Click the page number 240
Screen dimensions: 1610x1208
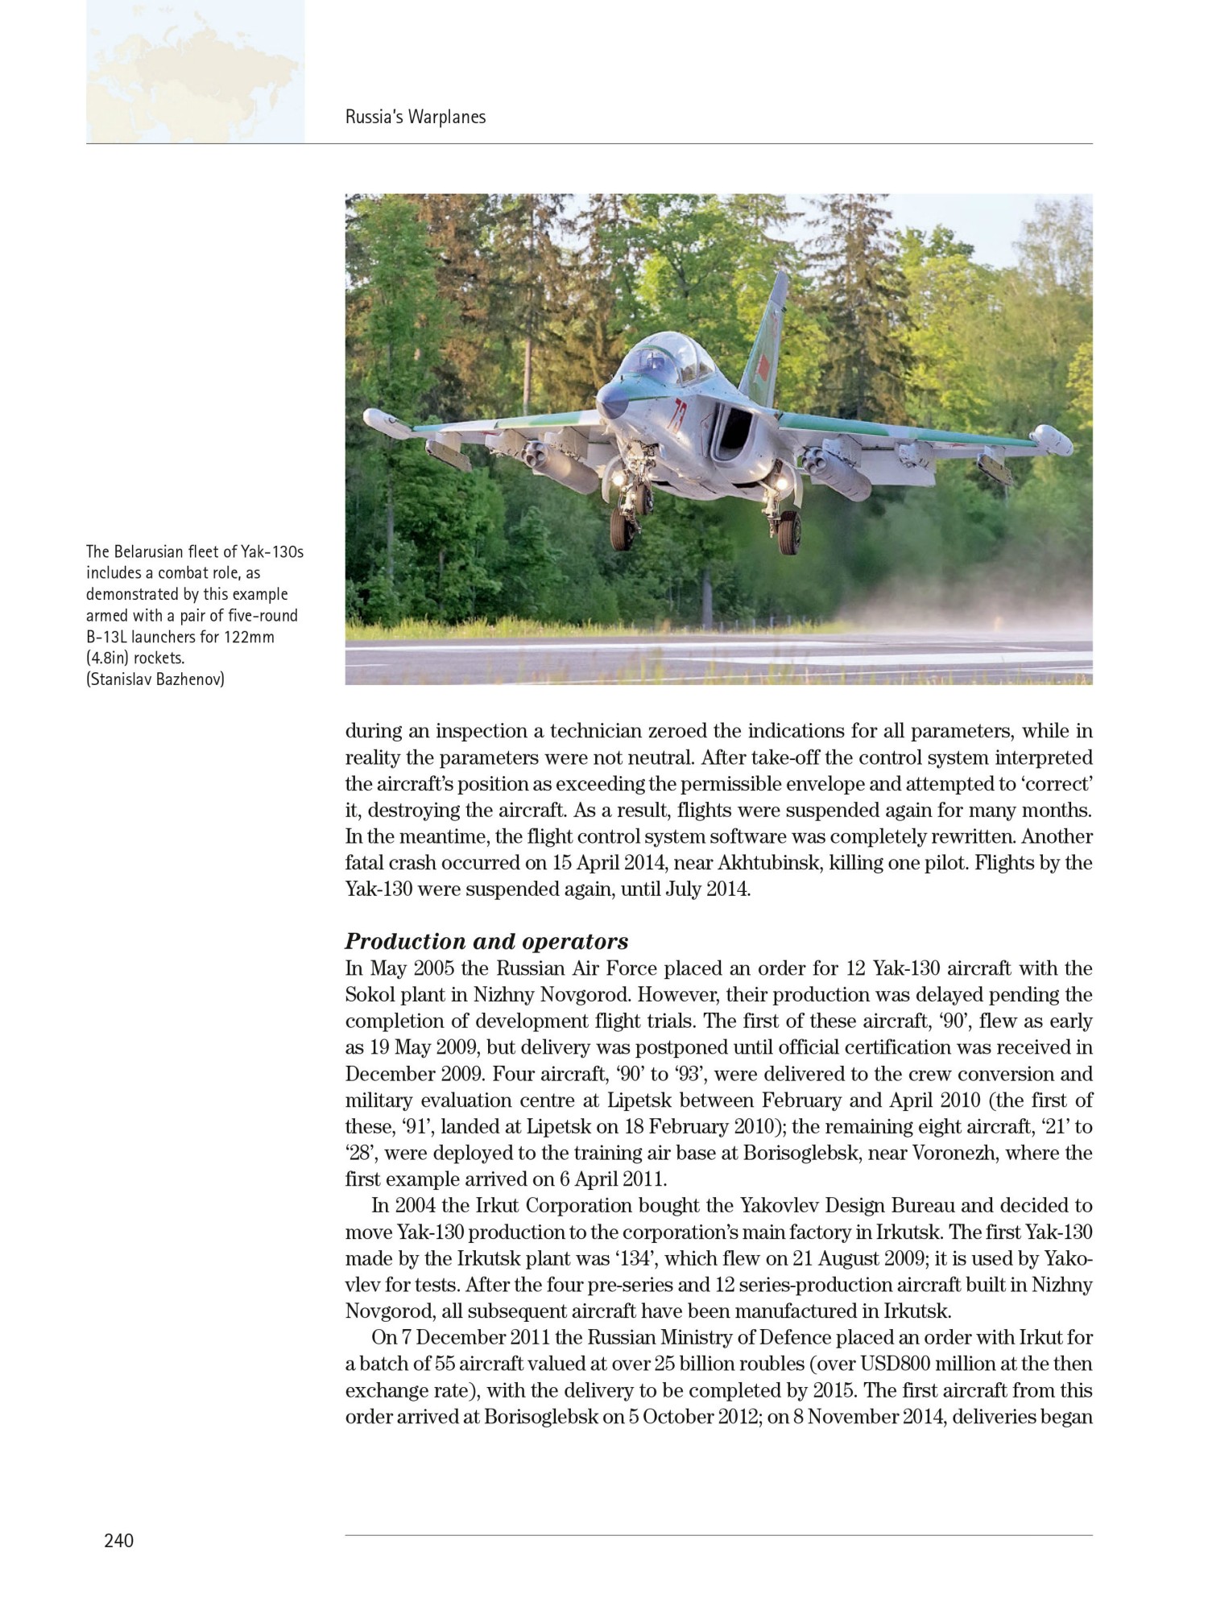118,1541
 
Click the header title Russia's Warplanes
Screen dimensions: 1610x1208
416,117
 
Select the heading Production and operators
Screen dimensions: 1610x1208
486,941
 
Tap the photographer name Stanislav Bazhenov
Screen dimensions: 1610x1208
156,679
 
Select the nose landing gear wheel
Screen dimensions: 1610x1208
622,527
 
